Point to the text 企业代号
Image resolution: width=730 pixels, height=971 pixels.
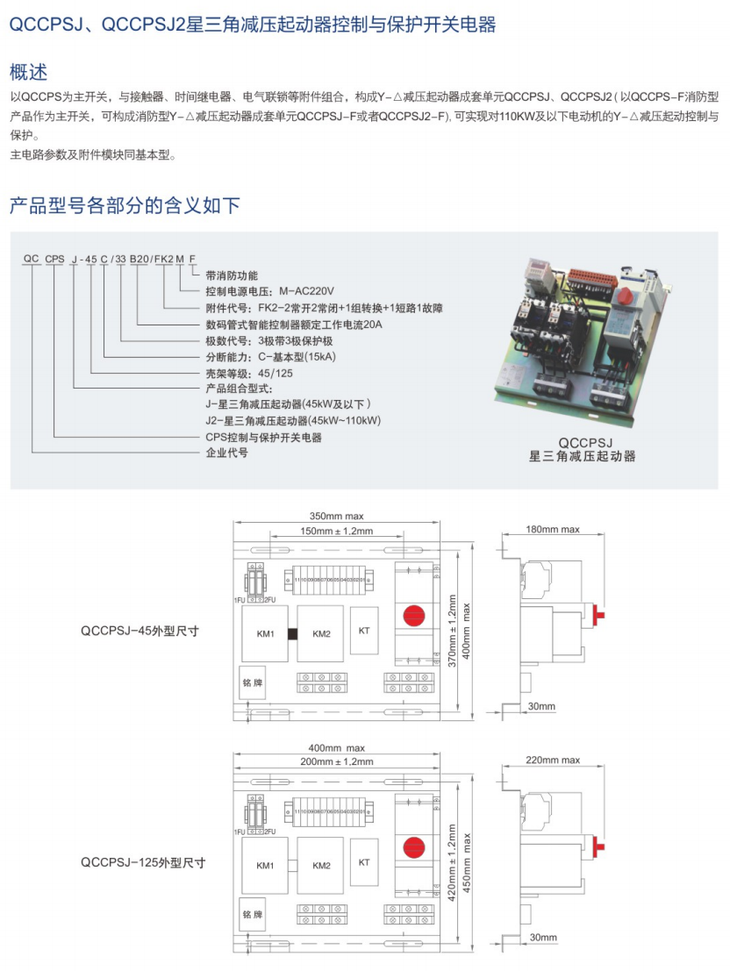pos(226,453)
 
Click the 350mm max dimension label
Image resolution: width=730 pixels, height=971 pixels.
pos(336,516)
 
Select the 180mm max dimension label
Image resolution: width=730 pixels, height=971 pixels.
pos(553,529)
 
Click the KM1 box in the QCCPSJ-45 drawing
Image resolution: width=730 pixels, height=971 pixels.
pos(266,634)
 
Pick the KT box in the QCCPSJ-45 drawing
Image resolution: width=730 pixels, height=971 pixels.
pos(364,630)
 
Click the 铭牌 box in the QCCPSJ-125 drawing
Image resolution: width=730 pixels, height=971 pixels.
pos(253,914)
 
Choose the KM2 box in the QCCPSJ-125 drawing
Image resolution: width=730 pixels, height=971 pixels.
pos(321,866)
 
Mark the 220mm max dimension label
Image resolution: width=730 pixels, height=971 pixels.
pos(553,760)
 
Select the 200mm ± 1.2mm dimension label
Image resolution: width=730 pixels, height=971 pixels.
pos(336,761)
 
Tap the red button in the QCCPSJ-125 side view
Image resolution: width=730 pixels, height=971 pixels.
pos(601,846)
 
